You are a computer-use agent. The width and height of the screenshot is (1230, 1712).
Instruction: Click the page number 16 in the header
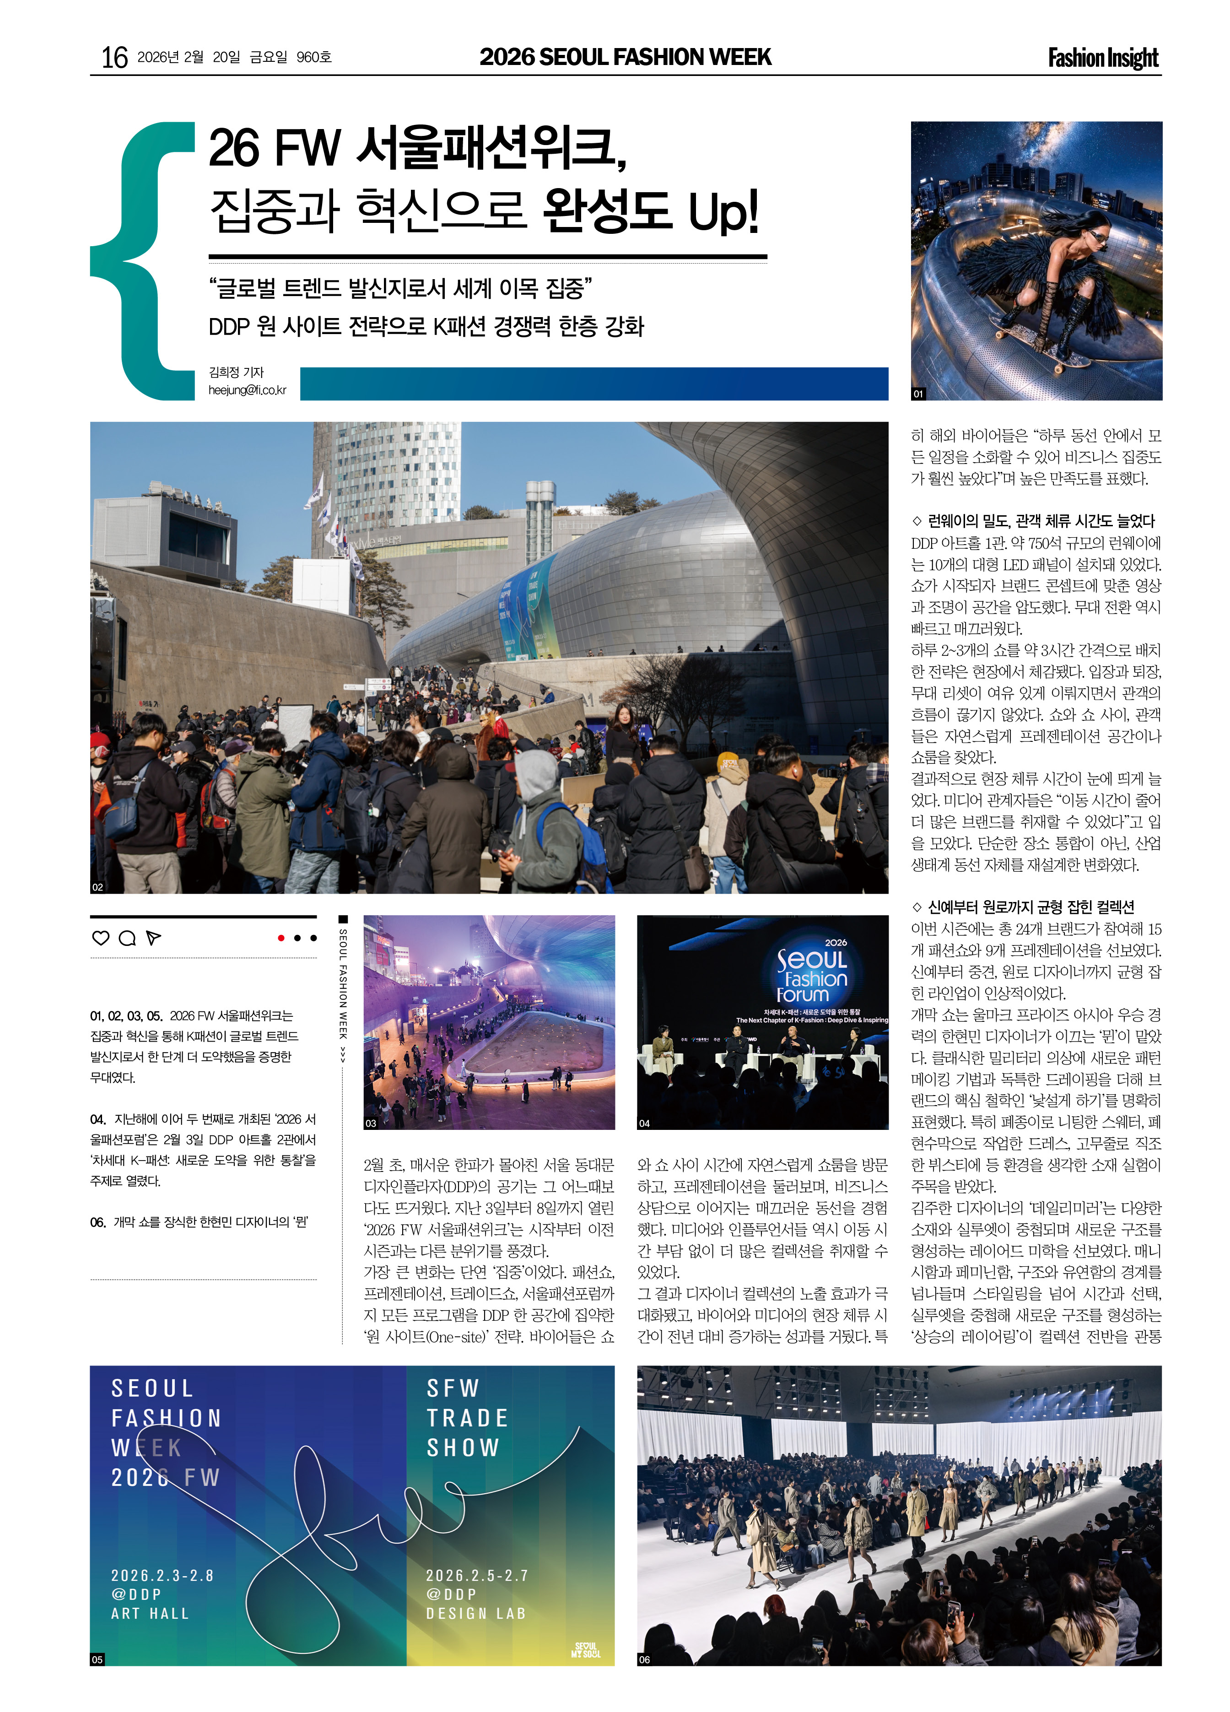[115, 57]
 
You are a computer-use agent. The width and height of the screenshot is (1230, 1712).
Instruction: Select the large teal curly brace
[143, 260]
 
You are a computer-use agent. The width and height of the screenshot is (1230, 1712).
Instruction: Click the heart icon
[100, 938]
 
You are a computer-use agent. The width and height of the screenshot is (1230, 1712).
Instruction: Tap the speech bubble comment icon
[128, 938]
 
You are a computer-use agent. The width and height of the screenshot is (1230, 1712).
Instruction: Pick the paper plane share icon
[153, 938]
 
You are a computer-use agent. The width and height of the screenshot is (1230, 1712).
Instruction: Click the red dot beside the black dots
[281, 938]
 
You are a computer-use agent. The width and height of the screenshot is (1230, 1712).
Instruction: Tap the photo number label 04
[644, 1123]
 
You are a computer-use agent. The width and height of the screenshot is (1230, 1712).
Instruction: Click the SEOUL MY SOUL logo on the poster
[586, 1649]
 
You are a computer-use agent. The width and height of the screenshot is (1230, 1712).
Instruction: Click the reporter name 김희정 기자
[236, 372]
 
